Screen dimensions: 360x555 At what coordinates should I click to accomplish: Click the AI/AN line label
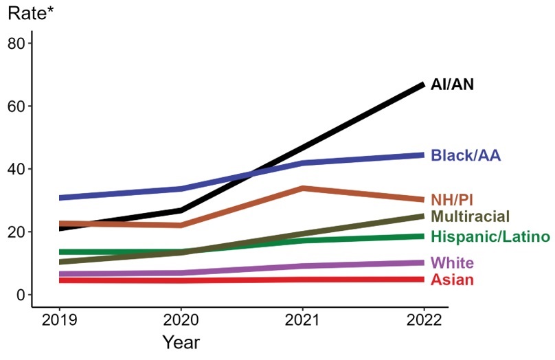tap(452, 85)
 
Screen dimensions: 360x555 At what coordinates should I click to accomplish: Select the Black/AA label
tap(466, 155)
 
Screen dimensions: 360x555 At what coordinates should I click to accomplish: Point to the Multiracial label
tap(470, 217)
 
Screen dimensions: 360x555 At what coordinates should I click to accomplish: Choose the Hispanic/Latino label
tap(490, 237)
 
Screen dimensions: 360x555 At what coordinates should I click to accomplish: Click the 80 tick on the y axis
tap(16, 44)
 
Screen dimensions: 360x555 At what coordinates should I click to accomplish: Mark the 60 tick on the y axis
tap(16, 106)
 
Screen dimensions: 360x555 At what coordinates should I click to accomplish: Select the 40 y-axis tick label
tap(16, 169)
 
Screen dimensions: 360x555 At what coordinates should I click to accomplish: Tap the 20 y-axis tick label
tap(16, 232)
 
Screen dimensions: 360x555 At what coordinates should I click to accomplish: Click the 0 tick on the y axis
tap(21, 295)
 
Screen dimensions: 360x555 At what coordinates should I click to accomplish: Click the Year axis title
tap(181, 341)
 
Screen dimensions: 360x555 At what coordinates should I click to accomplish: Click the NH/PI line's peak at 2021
tap(302, 188)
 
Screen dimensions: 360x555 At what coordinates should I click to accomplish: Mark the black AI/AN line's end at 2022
tap(422, 85)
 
